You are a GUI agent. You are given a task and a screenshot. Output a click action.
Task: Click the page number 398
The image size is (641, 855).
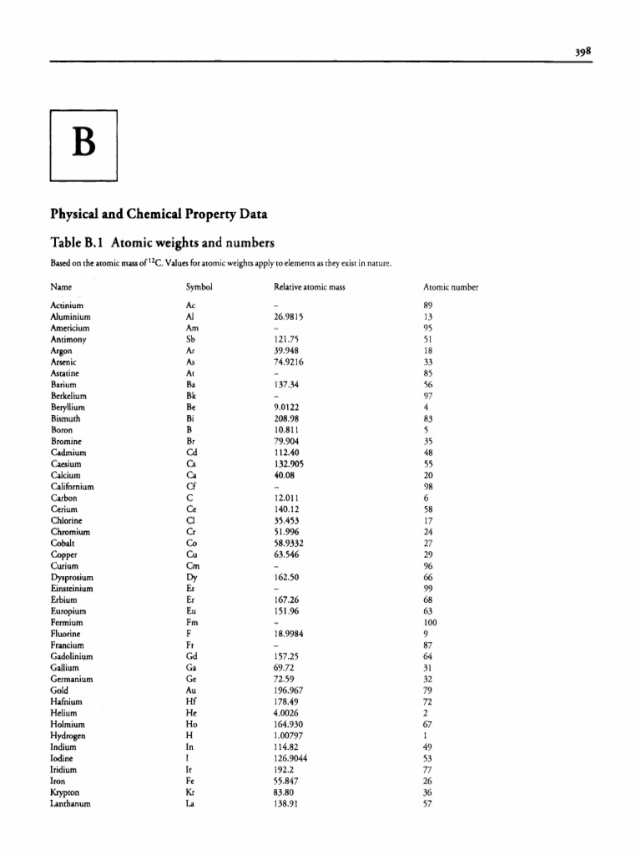581,50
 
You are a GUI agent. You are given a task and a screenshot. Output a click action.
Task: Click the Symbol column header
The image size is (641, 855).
199,287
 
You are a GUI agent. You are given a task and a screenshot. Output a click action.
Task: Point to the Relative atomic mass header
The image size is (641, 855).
309,287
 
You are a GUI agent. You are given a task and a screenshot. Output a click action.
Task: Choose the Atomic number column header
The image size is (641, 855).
451,287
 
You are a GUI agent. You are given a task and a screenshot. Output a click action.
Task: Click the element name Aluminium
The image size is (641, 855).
70,317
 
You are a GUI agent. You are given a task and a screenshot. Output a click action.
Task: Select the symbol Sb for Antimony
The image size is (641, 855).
190,340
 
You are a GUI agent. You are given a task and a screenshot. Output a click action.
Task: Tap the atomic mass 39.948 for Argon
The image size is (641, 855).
286,352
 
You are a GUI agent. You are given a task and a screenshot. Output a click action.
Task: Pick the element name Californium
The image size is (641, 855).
72,487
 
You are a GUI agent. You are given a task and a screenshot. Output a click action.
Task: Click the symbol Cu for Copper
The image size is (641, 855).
191,554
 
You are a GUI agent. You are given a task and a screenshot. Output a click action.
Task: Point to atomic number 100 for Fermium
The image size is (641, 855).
430,622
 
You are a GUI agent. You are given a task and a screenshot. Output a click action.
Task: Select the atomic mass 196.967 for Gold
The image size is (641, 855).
288,691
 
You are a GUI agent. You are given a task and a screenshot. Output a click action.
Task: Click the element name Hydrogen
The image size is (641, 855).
68,736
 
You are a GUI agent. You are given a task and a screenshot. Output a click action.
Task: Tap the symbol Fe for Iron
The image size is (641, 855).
190,781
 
